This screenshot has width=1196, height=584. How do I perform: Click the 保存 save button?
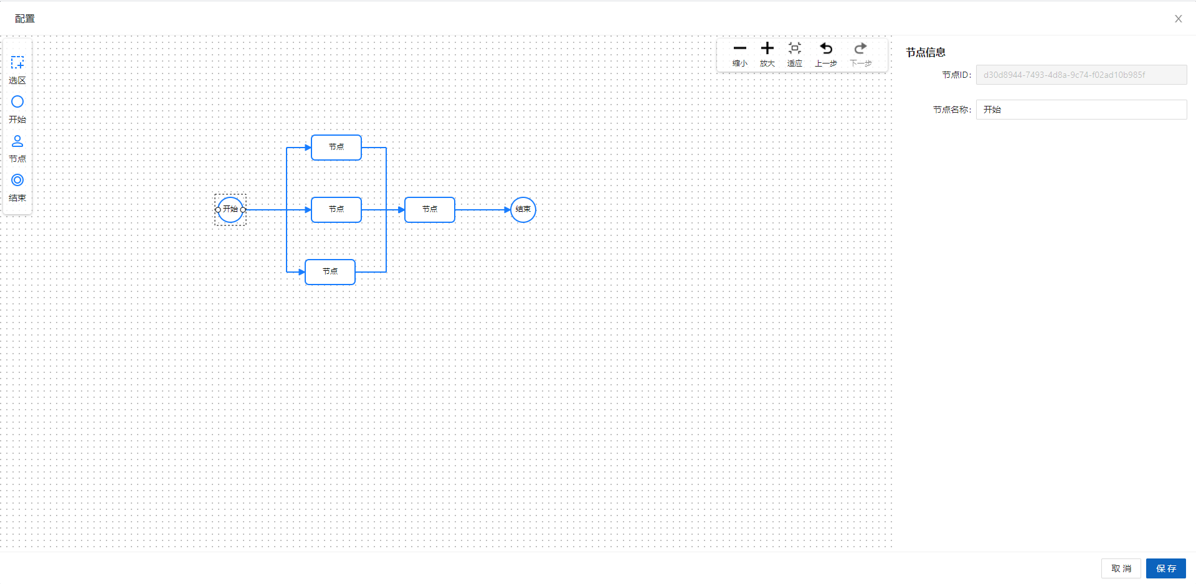[1165, 568]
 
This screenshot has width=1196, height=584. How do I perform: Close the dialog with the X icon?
[1178, 19]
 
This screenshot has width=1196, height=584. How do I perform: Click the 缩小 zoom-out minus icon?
[740, 49]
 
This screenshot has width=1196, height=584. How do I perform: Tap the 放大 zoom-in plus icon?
[767, 49]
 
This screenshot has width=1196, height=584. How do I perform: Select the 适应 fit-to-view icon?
[795, 49]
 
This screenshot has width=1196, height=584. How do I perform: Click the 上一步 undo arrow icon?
[826, 49]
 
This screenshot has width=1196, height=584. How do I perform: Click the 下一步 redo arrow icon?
[860, 49]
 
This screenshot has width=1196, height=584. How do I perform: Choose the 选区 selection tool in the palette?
[17, 63]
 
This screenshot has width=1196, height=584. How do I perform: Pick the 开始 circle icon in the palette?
[17, 101]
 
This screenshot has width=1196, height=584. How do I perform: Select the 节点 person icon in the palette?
[17, 141]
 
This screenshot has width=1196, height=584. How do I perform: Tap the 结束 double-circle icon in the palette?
[17, 180]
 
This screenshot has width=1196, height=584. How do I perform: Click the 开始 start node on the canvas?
[230, 210]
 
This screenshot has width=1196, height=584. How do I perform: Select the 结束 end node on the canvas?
[523, 210]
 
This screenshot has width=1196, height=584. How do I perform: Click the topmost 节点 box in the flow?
[336, 148]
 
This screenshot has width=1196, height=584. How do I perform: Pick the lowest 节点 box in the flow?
[330, 272]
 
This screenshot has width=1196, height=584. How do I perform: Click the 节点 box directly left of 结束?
[430, 210]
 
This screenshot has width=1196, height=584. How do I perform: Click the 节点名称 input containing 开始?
[1081, 110]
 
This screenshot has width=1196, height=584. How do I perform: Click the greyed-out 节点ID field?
[1081, 75]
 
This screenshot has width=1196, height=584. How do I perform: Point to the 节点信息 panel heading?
[926, 52]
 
